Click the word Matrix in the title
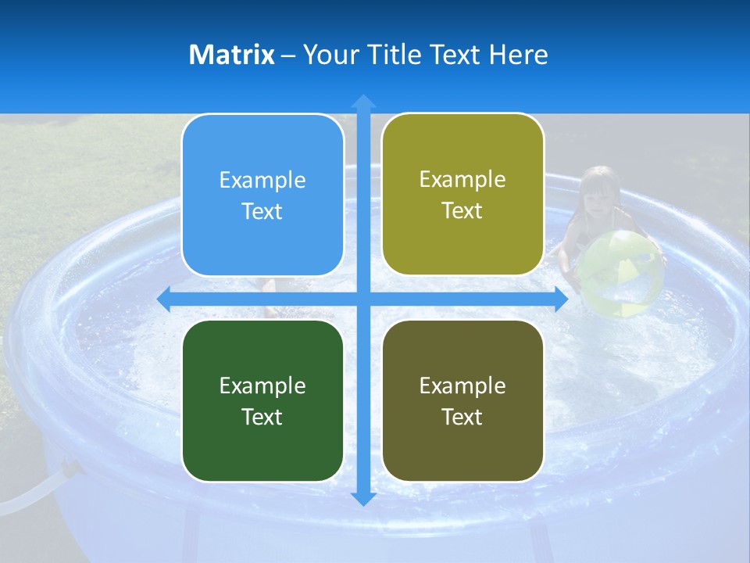pyautogui.click(x=232, y=55)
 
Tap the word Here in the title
pyautogui.click(x=518, y=55)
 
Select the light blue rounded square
pyautogui.click(x=262, y=195)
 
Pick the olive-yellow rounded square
pyautogui.click(x=462, y=195)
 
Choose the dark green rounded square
pyautogui.click(x=262, y=401)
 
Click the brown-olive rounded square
pyautogui.click(x=462, y=401)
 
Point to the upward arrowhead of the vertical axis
pyautogui.click(x=363, y=101)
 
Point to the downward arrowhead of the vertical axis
pyautogui.click(x=363, y=498)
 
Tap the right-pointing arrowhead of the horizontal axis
pyautogui.click(x=561, y=299)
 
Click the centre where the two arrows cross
pyautogui.click(x=363, y=299)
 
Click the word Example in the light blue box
pyautogui.click(x=262, y=181)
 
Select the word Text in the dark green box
pyautogui.click(x=262, y=417)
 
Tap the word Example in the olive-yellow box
pyautogui.click(x=462, y=180)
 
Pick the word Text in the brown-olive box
pyautogui.click(x=462, y=417)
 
